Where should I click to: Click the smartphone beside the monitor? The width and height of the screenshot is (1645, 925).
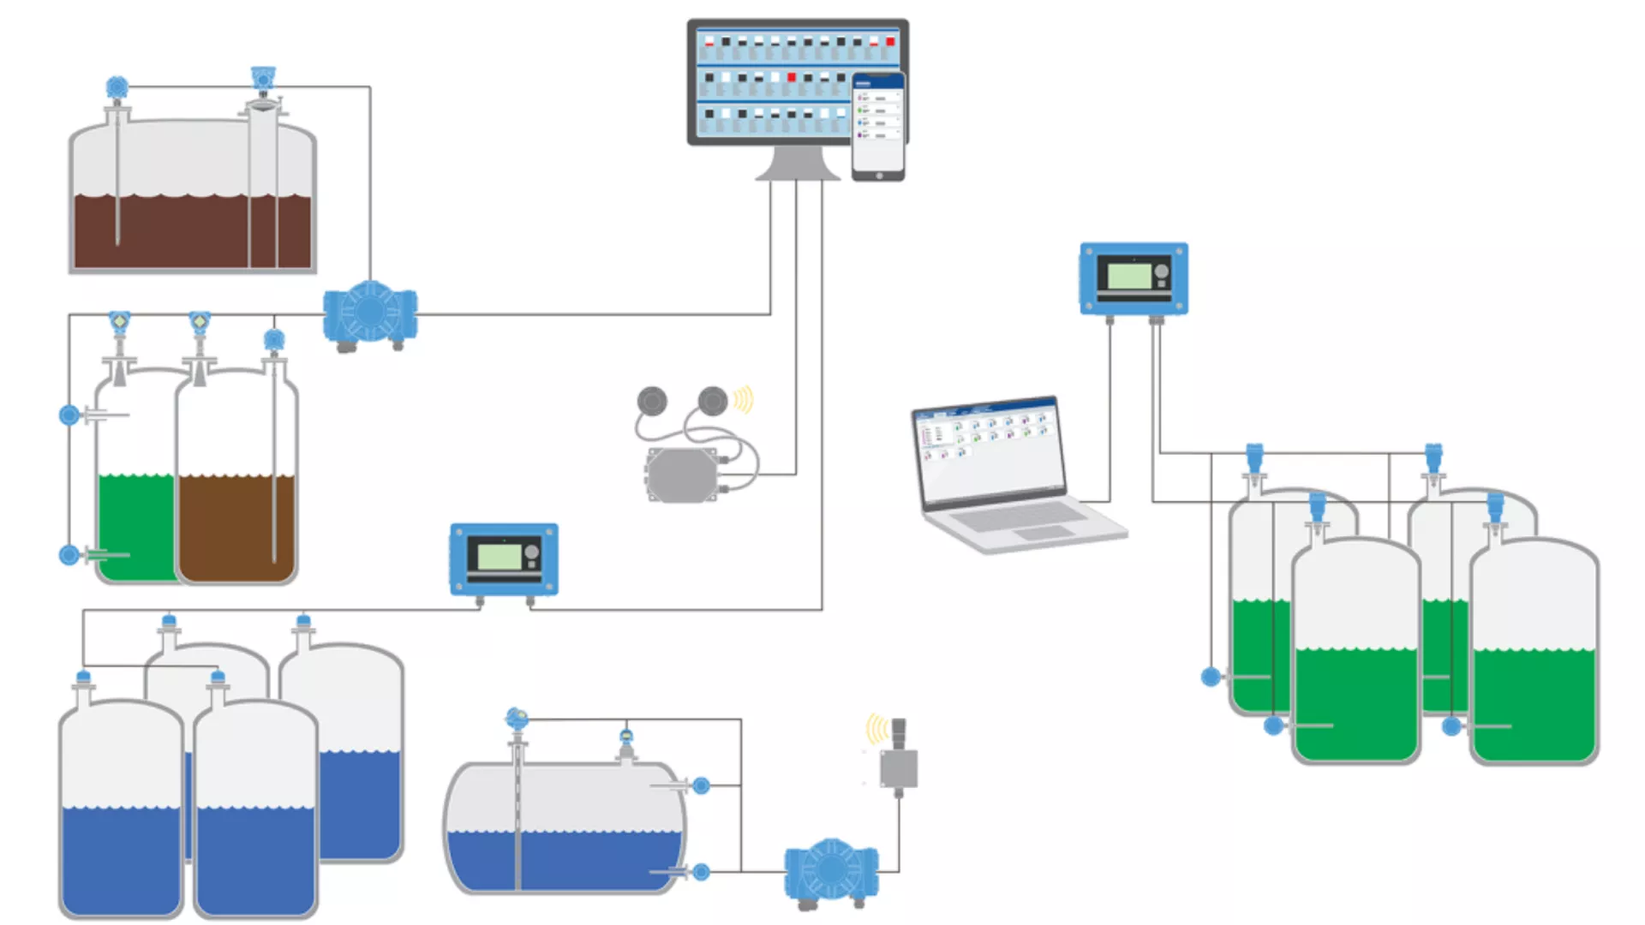[878, 127]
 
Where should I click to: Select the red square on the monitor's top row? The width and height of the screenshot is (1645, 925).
[890, 41]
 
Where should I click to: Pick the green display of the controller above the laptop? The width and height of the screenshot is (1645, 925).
[1129, 276]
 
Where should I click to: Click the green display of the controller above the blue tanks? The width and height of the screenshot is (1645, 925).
[499, 557]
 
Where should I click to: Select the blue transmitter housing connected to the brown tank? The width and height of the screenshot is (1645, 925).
[370, 313]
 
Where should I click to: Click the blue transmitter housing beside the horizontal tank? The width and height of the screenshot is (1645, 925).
[830, 870]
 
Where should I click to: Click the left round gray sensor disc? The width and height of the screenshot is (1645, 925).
[651, 400]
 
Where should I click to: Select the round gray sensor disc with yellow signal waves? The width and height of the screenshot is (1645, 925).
[713, 400]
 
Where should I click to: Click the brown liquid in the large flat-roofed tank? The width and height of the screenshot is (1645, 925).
[193, 231]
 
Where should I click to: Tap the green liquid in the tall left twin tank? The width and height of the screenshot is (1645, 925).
[135, 527]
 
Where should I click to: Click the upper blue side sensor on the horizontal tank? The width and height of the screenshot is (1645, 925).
[701, 785]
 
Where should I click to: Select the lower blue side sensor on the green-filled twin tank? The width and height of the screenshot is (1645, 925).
[69, 555]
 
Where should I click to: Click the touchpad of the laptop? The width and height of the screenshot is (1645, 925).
[1043, 533]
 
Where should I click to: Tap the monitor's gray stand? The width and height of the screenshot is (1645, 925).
[797, 163]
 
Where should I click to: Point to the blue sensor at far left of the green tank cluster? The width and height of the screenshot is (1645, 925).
[1210, 677]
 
